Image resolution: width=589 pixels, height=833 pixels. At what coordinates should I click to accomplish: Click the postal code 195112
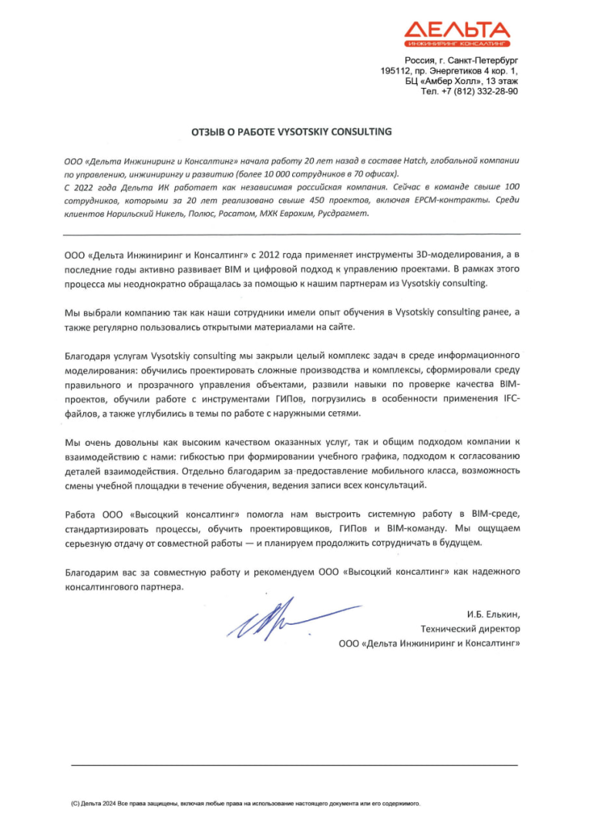[x=398, y=70]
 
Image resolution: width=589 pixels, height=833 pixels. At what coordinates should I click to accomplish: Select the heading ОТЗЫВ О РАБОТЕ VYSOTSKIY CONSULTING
[x=292, y=132]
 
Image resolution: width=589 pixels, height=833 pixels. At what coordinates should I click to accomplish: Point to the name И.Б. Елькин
[x=493, y=615]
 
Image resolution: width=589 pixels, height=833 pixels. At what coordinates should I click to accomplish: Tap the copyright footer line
[x=246, y=804]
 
